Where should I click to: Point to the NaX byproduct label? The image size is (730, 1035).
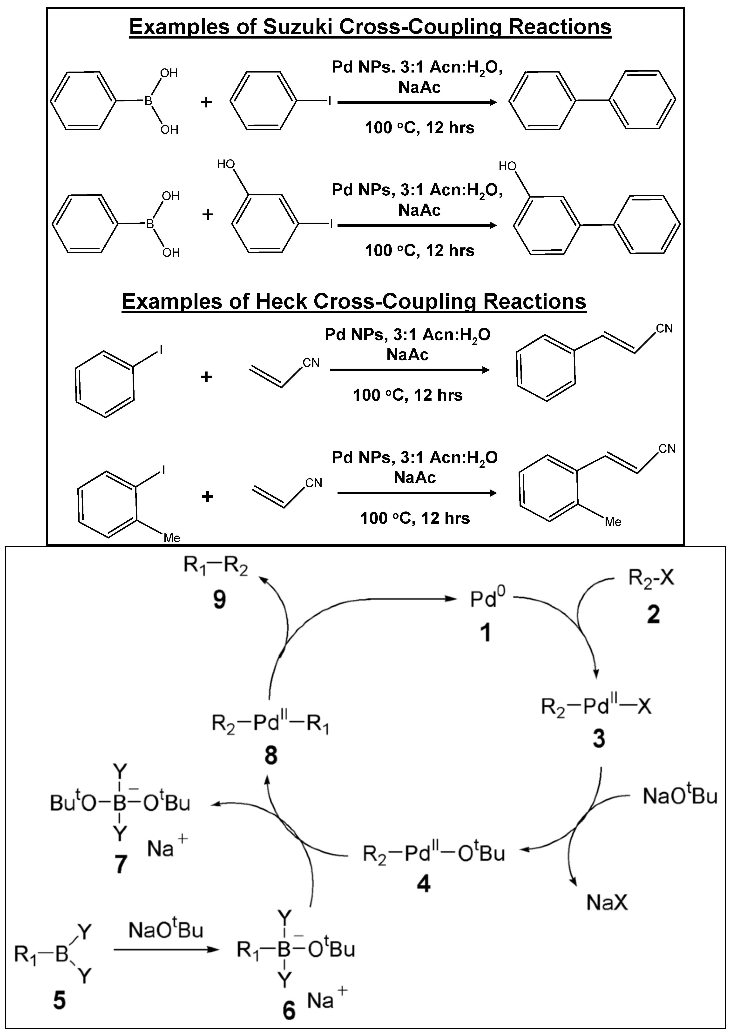pos(607,903)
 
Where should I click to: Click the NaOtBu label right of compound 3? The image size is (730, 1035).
pos(679,796)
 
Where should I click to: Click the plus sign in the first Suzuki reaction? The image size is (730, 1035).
pos(206,102)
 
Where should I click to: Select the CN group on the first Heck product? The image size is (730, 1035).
pos(664,329)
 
